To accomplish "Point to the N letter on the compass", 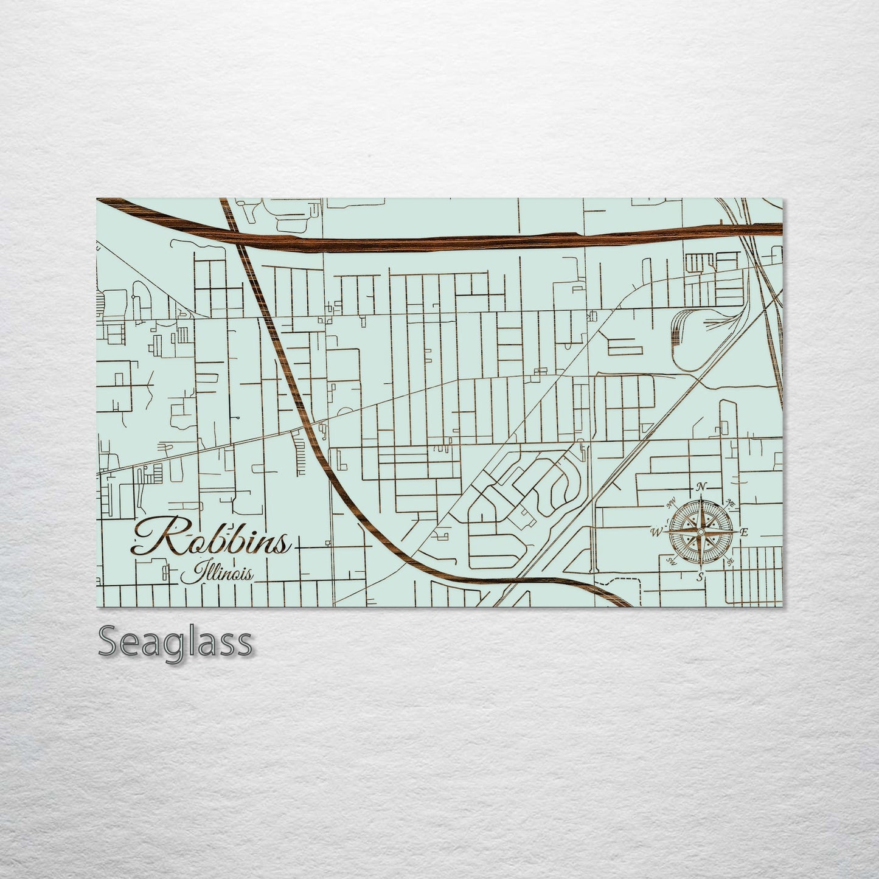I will coord(701,487).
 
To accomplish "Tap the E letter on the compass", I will coord(744,533).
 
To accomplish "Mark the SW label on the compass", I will coord(672,561).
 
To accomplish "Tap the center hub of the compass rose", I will coord(701,532).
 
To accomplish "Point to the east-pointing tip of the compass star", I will coord(735,532).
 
